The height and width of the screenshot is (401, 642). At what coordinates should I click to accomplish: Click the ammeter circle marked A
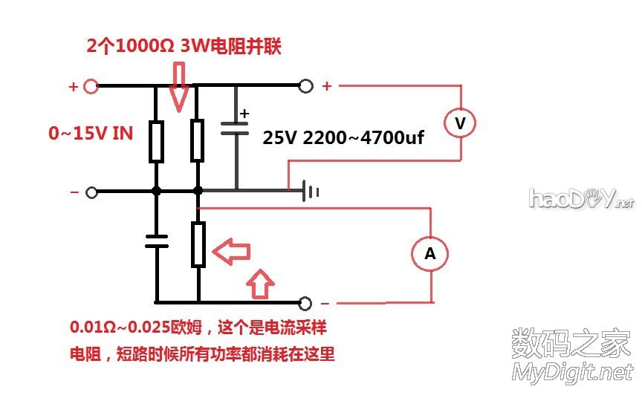[429, 253]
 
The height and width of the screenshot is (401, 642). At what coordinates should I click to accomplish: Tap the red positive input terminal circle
[91, 86]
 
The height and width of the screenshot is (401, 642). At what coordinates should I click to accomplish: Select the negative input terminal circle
[91, 192]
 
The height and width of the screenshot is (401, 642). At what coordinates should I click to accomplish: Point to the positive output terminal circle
[305, 86]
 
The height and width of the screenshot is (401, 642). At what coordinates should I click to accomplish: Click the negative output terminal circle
[305, 303]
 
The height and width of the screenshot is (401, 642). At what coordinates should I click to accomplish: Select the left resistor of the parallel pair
[155, 142]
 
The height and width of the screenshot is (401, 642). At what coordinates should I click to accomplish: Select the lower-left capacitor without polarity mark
[156, 240]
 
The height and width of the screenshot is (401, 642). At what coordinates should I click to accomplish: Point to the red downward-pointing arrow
[179, 85]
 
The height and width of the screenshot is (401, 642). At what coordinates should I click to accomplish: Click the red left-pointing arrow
[233, 252]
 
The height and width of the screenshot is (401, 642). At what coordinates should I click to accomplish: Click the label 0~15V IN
[91, 134]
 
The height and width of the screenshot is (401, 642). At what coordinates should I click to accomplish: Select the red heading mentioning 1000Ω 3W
[184, 46]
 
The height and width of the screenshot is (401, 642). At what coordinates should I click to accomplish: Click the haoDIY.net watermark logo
[581, 198]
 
